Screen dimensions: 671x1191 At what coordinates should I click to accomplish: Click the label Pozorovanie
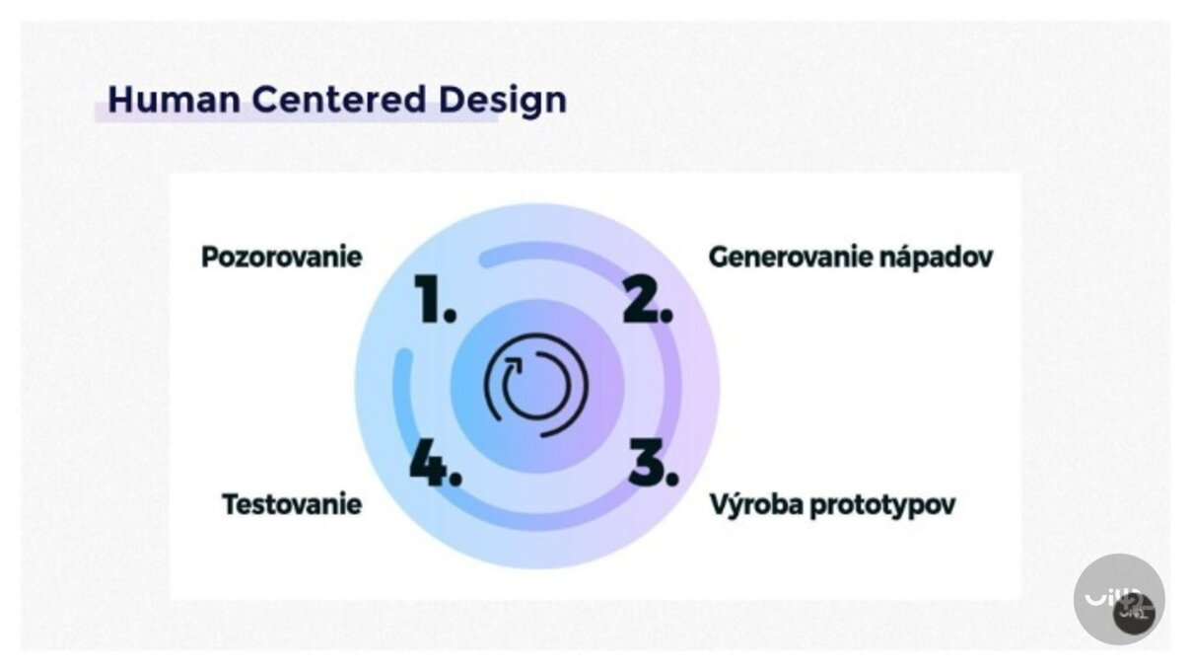pyautogui.click(x=281, y=258)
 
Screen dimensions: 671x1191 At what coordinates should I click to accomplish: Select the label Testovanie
pyautogui.click(x=292, y=504)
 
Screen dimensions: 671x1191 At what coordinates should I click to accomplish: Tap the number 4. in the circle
pyautogui.click(x=435, y=462)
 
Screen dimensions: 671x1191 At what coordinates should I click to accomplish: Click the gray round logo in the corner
pyautogui.click(x=1119, y=599)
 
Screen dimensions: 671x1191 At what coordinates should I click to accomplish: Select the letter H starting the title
pyautogui.click(x=119, y=100)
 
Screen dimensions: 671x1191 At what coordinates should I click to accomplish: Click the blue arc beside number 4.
pyautogui.click(x=400, y=395)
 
